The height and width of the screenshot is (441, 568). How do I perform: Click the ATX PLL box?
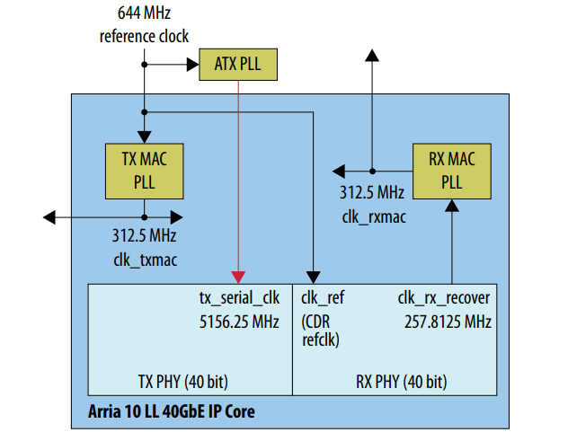click(238, 65)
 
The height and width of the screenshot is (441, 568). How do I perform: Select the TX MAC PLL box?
click(144, 171)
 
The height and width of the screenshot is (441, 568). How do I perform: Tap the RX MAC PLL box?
click(451, 171)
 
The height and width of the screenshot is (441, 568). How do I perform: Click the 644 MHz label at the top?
click(144, 15)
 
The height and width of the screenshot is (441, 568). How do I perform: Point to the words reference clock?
click(144, 36)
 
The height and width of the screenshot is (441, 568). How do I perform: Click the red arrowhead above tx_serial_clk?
click(238, 276)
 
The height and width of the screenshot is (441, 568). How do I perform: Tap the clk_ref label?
click(323, 296)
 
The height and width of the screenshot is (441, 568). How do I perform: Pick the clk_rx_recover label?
click(443, 296)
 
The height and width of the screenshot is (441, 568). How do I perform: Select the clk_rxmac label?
click(371, 216)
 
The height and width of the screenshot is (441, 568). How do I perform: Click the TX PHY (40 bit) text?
click(182, 381)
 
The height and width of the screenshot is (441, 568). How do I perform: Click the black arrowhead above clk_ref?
click(312, 276)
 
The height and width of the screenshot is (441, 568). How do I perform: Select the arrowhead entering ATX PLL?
click(192, 64)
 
